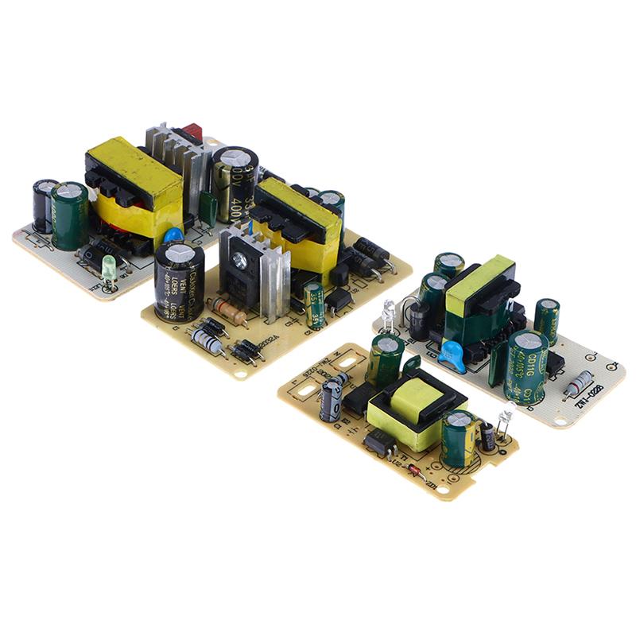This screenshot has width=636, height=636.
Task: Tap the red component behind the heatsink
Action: pyautogui.click(x=193, y=131)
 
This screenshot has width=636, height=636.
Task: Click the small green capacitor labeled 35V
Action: pyautogui.click(x=315, y=305)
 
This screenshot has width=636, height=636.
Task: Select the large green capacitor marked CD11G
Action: pyautogui.click(x=525, y=366)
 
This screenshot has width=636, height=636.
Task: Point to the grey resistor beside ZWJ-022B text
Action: pyautogui.click(x=578, y=382)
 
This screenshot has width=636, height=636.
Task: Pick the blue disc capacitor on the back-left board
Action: pyautogui.click(x=173, y=237)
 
